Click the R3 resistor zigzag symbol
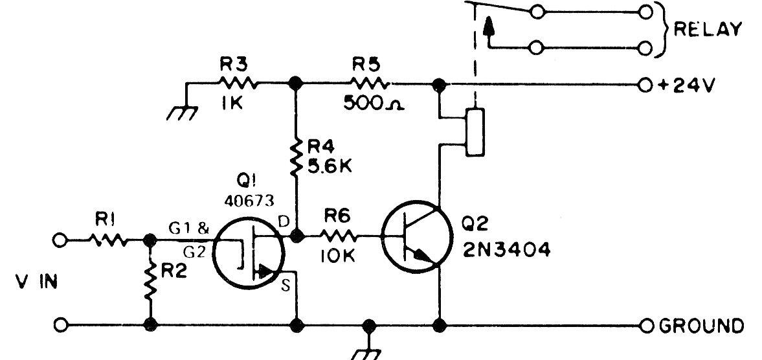click(x=238, y=83)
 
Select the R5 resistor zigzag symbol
click(x=370, y=83)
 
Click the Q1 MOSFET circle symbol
click(x=249, y=253)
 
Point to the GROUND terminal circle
click(x=645, y=324)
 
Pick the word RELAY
click(x=706, y=30)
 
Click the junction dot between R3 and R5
click(x=296, y=84)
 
